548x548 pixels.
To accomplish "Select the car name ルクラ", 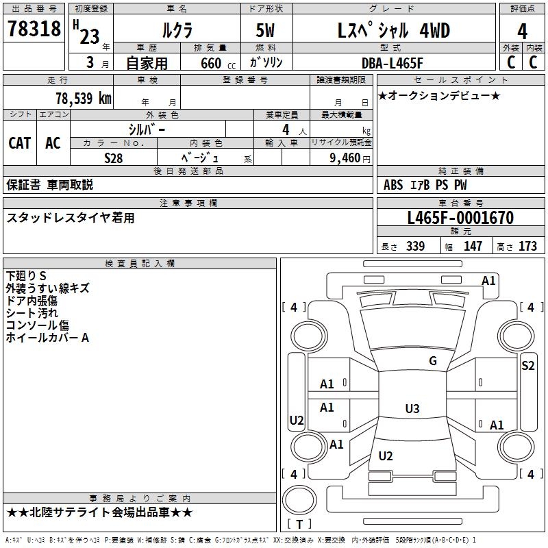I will click(177, 30).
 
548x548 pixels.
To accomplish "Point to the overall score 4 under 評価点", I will click(522, 32).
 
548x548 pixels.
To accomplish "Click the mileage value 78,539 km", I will click(83, 98).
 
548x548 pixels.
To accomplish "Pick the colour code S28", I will click(114, 157).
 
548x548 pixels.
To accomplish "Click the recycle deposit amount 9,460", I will click(345, 158).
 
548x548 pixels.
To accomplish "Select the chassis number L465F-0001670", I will click(460, 218).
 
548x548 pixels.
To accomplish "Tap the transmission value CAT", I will click(20, 142).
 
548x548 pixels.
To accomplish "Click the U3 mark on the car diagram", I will click(412, 409).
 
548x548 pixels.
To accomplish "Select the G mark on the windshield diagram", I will click(432, 361).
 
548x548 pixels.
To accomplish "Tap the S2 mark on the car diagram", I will click(527, 365).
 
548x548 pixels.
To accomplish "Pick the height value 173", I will click(527, 247).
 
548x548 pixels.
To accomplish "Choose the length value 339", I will click(415, 247).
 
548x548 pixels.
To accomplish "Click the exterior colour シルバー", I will click(147, 129).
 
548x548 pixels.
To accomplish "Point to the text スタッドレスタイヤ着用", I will click(71, 218).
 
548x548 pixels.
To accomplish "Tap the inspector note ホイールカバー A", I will click(47, 338).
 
